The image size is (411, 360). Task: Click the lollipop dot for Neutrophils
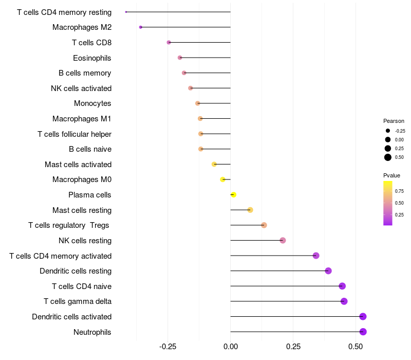[x=363, y=332]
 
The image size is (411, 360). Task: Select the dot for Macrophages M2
[x=141, y=27]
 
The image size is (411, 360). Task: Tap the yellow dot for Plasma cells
[x=233, y=195]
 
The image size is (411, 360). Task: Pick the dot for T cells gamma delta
[x=344, y=301]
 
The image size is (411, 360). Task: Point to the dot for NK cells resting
[x=283, y=240]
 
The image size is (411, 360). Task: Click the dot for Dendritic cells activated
[x=363, y=316]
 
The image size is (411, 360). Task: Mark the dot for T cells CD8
[x=169, y=42]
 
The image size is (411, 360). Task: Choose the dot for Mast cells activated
[x=214, y=164]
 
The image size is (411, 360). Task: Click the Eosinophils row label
[x=92, y=58]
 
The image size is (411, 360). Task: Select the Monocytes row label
[x=92, y=103]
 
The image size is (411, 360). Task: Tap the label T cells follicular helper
[x=74, y=134]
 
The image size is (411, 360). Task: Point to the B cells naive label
[x=90, y=149]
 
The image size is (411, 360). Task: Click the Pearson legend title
[x=394, y=121]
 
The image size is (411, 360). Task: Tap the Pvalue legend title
[x=392, y=175]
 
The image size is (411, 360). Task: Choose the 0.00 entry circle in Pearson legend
[x=388, y=139]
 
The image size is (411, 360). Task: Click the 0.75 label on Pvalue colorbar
[x=399, y=191]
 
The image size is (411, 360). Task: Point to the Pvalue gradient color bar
[x=388, y=203]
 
